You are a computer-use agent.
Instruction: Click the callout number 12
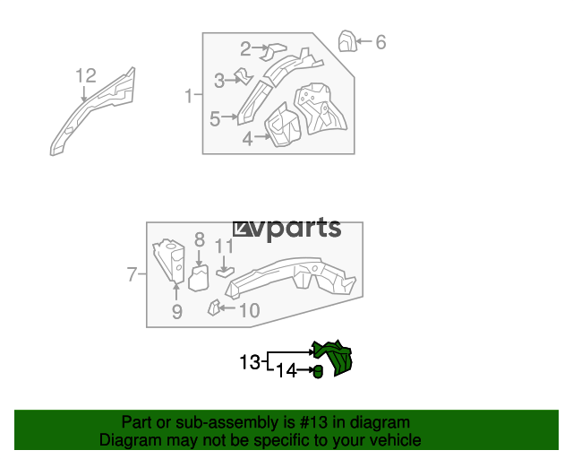click(86, 76)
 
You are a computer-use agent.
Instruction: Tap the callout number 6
click(381, 42)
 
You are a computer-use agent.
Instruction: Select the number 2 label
click(245, 48)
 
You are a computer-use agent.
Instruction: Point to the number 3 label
click(219, 81)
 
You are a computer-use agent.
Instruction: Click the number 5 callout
click(215, 119)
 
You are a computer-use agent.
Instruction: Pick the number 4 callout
click(247, 139)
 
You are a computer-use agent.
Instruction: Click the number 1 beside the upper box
click(189, 96)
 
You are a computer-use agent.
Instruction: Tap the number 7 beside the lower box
click(132, 274)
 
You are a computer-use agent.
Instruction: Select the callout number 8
click(199, 240)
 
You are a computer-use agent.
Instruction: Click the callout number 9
click(177, 312)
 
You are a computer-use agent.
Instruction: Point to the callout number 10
click(250, 311)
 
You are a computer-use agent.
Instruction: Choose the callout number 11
click(224, 247)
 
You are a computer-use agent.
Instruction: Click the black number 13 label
click(250, 362)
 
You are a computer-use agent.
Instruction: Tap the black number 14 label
click(286, 371)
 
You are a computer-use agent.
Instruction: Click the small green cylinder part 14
click(319, 372)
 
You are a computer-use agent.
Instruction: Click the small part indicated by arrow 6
click(347, 41)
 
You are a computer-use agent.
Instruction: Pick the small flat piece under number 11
click(225, 272)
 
